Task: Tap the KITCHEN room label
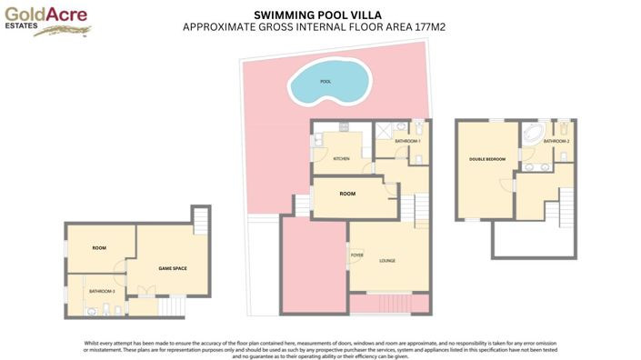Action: pyautogui.click(x=341, y=159)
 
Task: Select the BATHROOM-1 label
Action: pyautogui.click(x=406, y=141)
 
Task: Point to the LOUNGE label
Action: pyautogui.click(x=387, y=261)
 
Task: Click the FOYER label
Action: pyautogui.click(x=357, y=255)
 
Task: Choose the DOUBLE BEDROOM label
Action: pyautogui.click(x=487, y=159)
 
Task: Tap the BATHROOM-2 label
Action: pyautogui.click(x=556, y=141)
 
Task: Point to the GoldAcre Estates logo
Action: pyautogui.click(x=45, y=20)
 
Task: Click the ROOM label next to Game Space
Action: pyautogui.click(x=99, y=247)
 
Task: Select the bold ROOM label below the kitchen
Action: pyautogui.click(x=347, y=194)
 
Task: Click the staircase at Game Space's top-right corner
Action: pyautogui.click(x=201, y=219)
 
